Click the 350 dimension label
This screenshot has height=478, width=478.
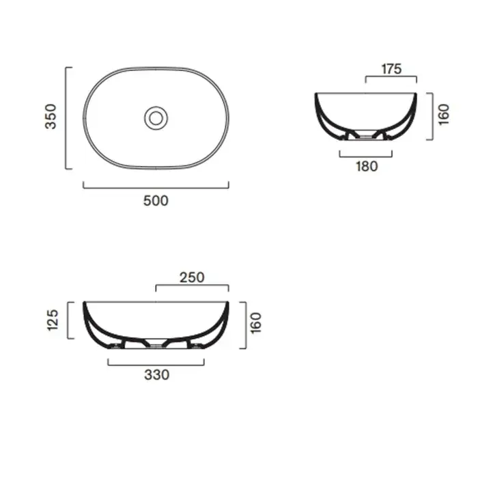(51, 117)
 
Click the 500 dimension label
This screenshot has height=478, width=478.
(156, 201)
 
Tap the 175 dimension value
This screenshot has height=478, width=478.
(391, 69)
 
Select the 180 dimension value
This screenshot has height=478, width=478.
(367, 167)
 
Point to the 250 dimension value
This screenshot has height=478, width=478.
(192, 278)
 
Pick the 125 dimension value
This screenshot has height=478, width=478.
(53, 320)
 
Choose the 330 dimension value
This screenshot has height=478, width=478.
(156, 375)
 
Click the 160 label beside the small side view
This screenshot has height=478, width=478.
(444, 114)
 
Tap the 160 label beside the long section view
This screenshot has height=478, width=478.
(256, 323)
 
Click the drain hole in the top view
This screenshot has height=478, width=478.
(156, 118)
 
